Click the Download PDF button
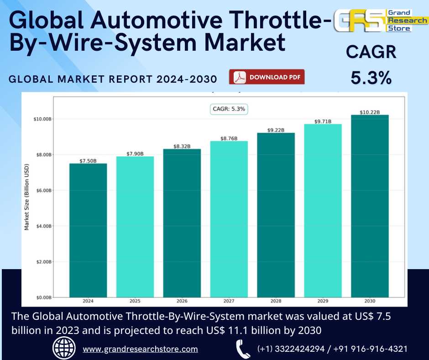267,77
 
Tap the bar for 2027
229,219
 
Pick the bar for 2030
370,206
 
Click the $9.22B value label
276,130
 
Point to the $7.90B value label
135,154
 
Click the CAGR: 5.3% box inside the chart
229,109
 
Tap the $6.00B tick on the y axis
43,191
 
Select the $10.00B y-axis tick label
42,119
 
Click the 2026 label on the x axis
182,302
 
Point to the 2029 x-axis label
323,302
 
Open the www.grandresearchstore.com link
140,349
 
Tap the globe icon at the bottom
64,349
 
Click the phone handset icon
242,349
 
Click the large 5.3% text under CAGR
371,78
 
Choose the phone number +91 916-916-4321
371,349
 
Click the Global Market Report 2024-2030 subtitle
113,79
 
